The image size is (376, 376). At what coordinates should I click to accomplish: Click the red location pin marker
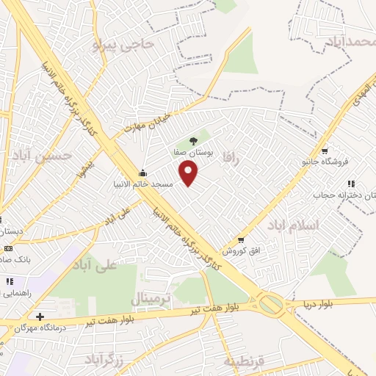coord(189,173)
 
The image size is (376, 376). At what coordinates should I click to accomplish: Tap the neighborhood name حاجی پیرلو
coord(123,45)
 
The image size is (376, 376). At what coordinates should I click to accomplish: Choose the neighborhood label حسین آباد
coord(48,156)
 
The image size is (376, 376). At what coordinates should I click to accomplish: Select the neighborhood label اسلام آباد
coord(294,224)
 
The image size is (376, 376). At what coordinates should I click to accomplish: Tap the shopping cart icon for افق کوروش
coord(241,240)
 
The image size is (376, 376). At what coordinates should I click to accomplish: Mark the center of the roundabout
coord(271,303)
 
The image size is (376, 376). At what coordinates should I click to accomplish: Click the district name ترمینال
coord(150,299)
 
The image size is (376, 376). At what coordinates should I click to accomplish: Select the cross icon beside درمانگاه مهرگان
coord(40,317)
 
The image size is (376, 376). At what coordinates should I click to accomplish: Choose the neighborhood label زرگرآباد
coord(110,359)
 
